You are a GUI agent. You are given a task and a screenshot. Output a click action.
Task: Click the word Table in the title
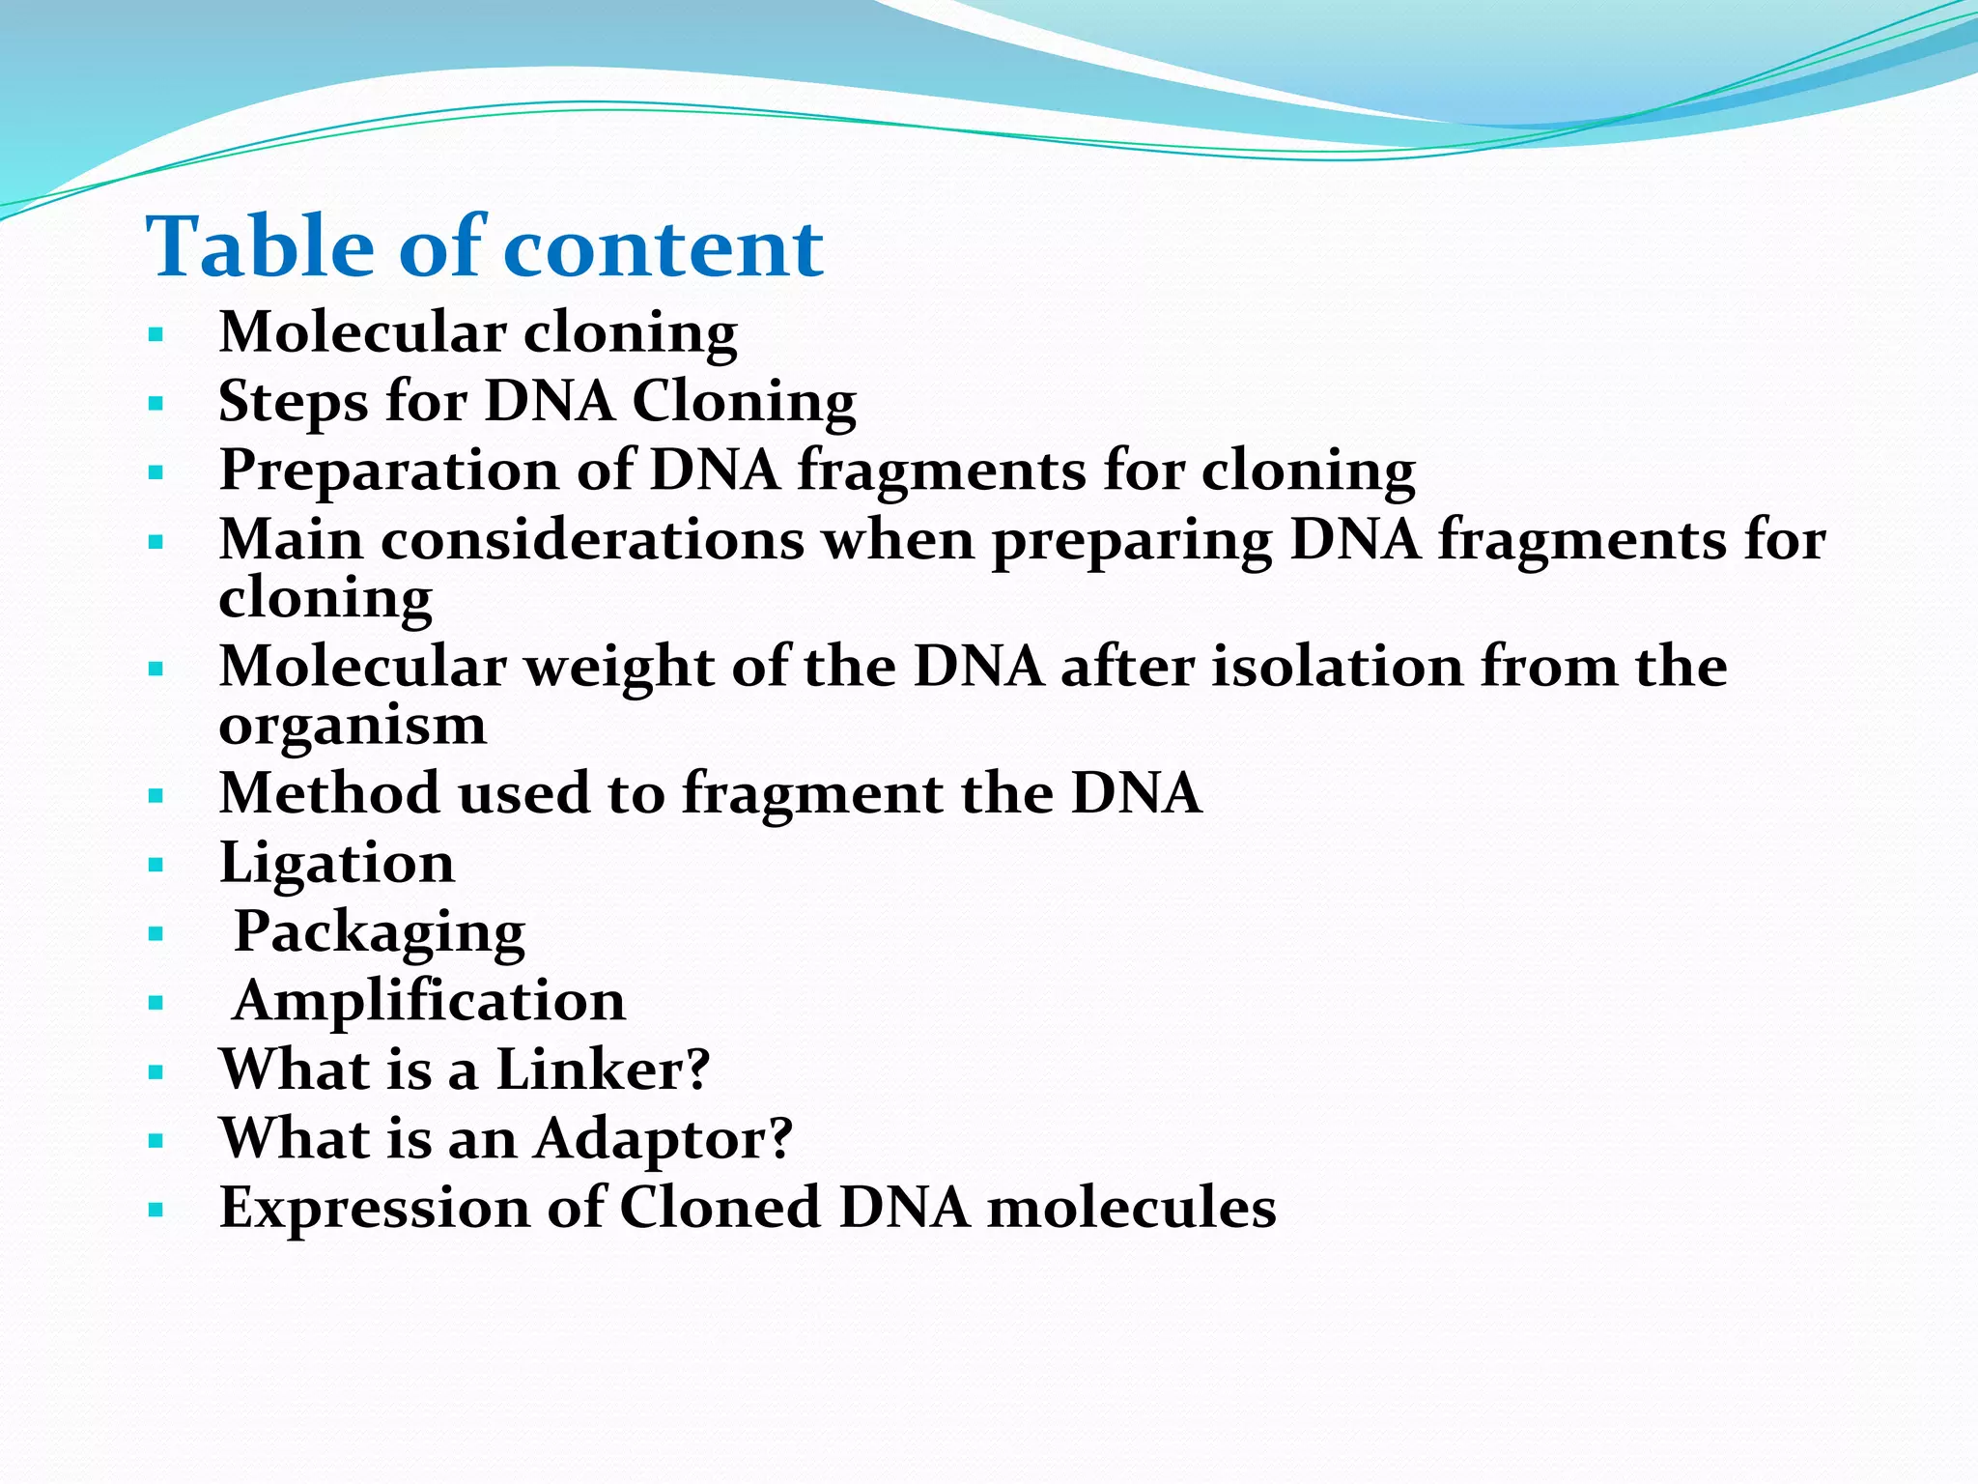259,247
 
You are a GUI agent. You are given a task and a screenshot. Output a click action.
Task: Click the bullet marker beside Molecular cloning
156,335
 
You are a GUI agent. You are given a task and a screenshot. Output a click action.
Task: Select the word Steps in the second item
293,401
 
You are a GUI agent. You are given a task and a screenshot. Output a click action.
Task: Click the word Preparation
388,471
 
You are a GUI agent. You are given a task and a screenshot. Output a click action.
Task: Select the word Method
329,793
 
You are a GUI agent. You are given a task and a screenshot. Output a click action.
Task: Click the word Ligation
336,863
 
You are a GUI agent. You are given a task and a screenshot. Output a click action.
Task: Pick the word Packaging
380,932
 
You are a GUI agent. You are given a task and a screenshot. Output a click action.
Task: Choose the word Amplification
430,1001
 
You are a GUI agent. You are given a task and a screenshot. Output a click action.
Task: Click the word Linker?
603,1070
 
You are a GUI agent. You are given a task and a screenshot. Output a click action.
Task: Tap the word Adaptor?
663,1139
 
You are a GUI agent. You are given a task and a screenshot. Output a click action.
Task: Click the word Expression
375,1209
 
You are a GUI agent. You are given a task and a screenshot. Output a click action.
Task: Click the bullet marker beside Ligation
156,866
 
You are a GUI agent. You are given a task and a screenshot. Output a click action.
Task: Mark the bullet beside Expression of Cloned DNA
156,1210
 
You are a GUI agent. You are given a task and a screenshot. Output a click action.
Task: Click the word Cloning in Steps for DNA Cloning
744,401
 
